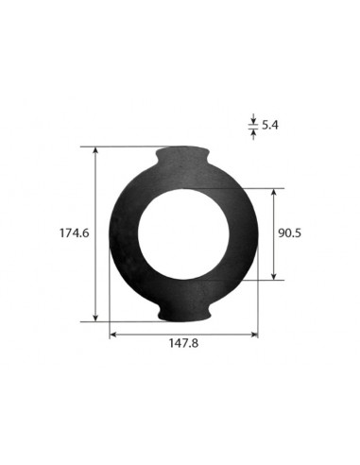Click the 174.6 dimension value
[x=73, y=232]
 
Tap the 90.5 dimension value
[x=289, y=233]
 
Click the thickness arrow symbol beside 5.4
[x=252, y=125]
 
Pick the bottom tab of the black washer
[x=182, y=311]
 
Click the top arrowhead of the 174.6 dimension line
[x=96, y=151]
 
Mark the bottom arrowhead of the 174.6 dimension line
[x=96, y=318]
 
